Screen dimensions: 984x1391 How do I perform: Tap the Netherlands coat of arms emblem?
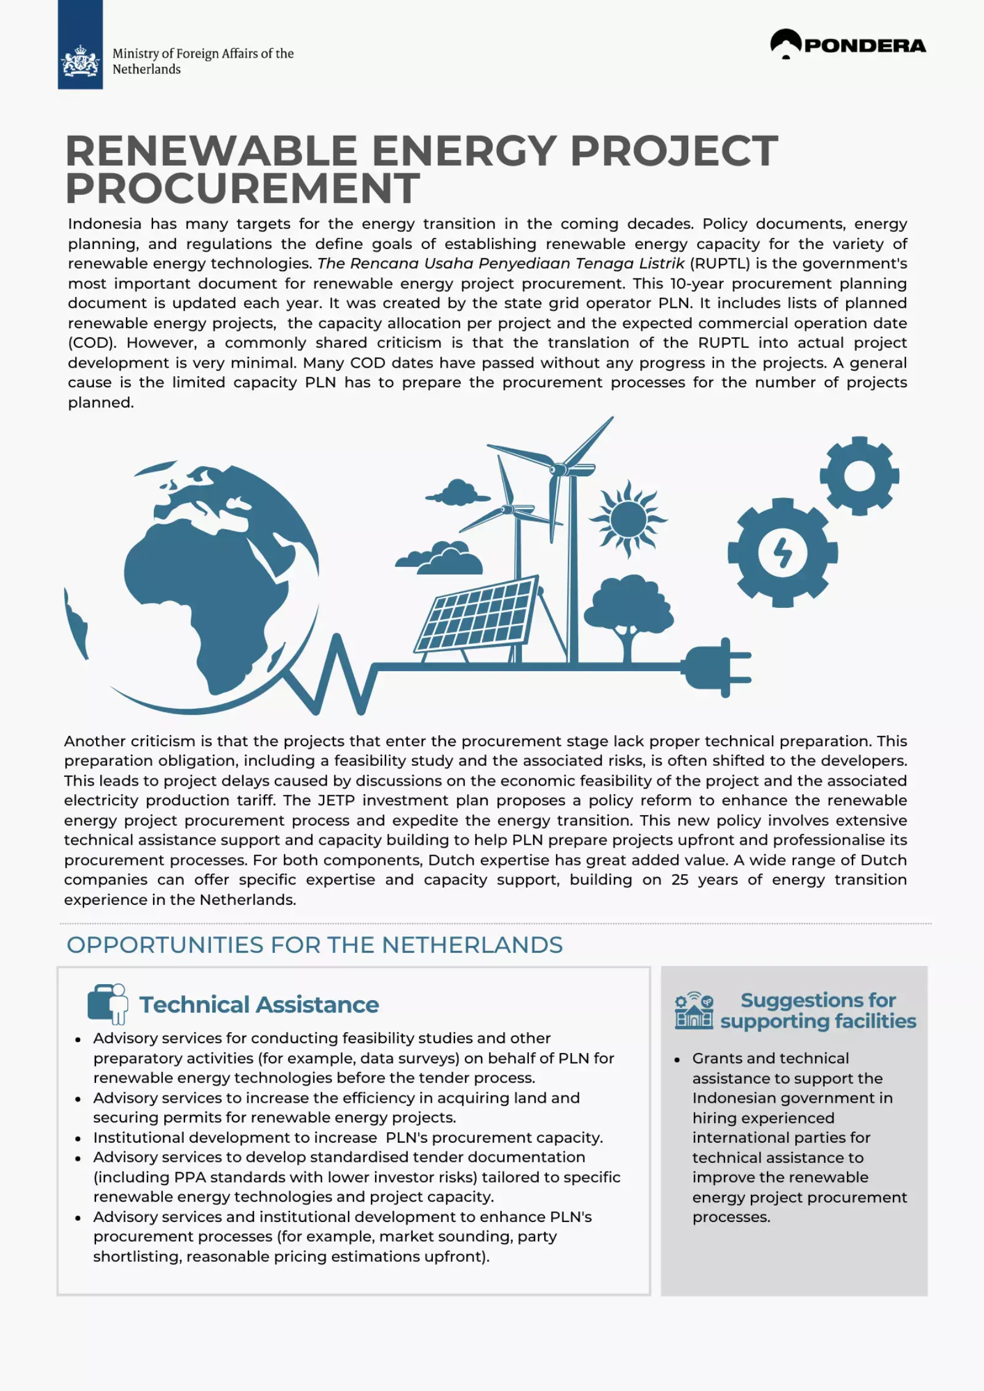[80, 61]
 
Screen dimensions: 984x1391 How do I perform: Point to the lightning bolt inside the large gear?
[782, 552]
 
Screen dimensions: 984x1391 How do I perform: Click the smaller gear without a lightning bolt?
[859, 475]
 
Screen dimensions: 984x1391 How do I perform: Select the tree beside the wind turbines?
[627, 615]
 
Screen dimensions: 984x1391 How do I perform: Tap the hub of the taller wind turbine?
[559, 470]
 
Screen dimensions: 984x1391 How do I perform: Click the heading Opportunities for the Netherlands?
[314, 945]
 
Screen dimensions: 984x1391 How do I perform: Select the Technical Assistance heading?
[259, 1004]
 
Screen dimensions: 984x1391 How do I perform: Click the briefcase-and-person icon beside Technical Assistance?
[108, 1003]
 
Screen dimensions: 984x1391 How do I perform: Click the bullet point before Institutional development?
[78, 1138]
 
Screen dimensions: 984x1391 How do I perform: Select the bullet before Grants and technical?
[677, 1060]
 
